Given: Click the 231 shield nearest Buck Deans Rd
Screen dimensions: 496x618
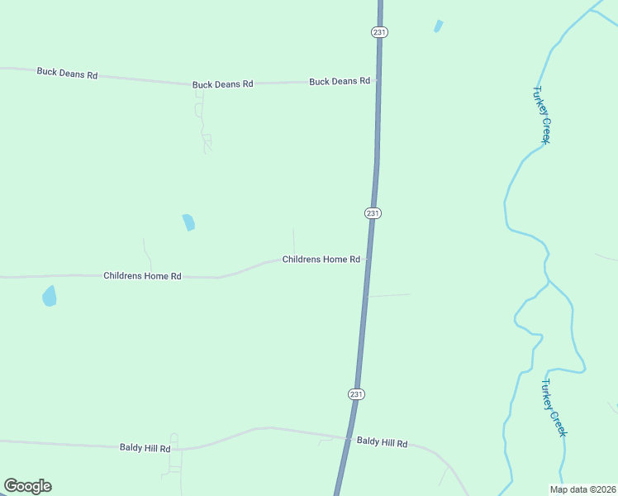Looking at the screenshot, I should (x=379, y=31).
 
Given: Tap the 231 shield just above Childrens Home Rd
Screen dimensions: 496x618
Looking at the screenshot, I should (x=373, y=213).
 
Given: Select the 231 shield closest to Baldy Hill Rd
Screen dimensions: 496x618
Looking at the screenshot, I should (x=356, y=394).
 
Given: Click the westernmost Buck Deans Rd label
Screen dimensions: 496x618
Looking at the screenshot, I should (x=67, y=74).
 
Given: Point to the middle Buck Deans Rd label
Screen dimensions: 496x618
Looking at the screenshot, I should (x=222, y=84).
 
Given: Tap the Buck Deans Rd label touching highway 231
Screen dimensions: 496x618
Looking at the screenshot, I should (x=339, y=82).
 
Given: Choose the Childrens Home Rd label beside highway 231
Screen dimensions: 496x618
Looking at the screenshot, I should (x=321, y=260).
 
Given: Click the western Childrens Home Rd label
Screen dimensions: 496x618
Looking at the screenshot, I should (x=142, y=276).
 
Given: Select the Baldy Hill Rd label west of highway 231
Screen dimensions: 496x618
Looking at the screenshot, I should (x=145, y=448).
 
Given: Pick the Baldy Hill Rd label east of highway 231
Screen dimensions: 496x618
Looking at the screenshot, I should (x=382, y=443).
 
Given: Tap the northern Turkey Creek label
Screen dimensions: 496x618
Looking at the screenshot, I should (x=541, y=115).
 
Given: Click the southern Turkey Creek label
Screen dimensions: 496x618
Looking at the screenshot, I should (x=554, y=408).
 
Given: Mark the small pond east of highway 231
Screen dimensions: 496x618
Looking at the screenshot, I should (x=438, y=26).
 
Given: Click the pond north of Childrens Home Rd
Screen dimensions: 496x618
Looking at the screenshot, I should (x=189, y=222).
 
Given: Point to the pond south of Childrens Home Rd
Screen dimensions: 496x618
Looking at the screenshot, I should (x=50, y=296).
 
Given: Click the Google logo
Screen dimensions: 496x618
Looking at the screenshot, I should (x=27, y=486).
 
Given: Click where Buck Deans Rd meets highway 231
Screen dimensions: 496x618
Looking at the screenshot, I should (x=378, y=81).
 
